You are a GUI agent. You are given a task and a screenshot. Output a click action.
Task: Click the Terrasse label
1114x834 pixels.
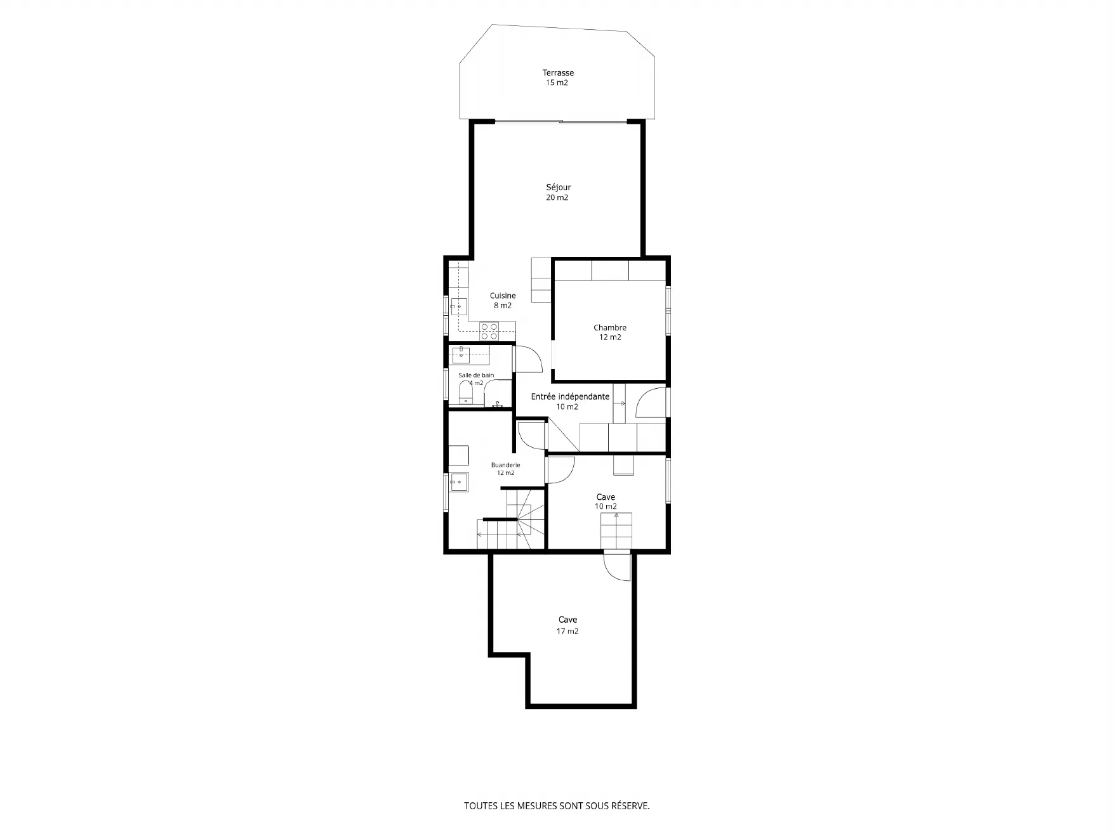coord(558,73)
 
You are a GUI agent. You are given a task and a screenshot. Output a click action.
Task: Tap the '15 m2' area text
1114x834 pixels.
coord(557,82)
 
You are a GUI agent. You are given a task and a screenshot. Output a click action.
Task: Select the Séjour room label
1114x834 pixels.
coord(559,188)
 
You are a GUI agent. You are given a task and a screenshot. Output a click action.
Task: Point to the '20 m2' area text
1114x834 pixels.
coord(557,197)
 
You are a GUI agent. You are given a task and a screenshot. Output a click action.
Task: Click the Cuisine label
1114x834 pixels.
coord(503,296)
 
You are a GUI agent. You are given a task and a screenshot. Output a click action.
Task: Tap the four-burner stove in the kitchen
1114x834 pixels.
coord(489,330)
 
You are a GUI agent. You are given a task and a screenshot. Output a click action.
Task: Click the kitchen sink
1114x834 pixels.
coord(459,306)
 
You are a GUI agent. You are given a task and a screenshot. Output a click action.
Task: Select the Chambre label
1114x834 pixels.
coord(610,328)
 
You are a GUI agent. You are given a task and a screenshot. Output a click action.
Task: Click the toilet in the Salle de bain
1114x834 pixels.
coord(466,395)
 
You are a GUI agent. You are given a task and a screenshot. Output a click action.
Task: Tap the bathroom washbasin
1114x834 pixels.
coord(461,355)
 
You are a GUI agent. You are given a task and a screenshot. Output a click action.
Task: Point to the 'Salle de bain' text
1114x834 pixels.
coord(476,375)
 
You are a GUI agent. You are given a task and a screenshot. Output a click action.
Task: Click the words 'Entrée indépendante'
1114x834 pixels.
coord(570,396)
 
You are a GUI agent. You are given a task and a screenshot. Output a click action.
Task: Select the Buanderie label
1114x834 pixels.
coord(505,465)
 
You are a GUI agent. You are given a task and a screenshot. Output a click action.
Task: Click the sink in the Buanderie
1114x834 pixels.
coord(458,482)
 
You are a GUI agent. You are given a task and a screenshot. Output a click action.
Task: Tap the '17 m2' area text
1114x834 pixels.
coord(567,631)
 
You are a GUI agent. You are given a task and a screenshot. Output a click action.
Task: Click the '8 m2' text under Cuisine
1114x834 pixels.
coord(503,306)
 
